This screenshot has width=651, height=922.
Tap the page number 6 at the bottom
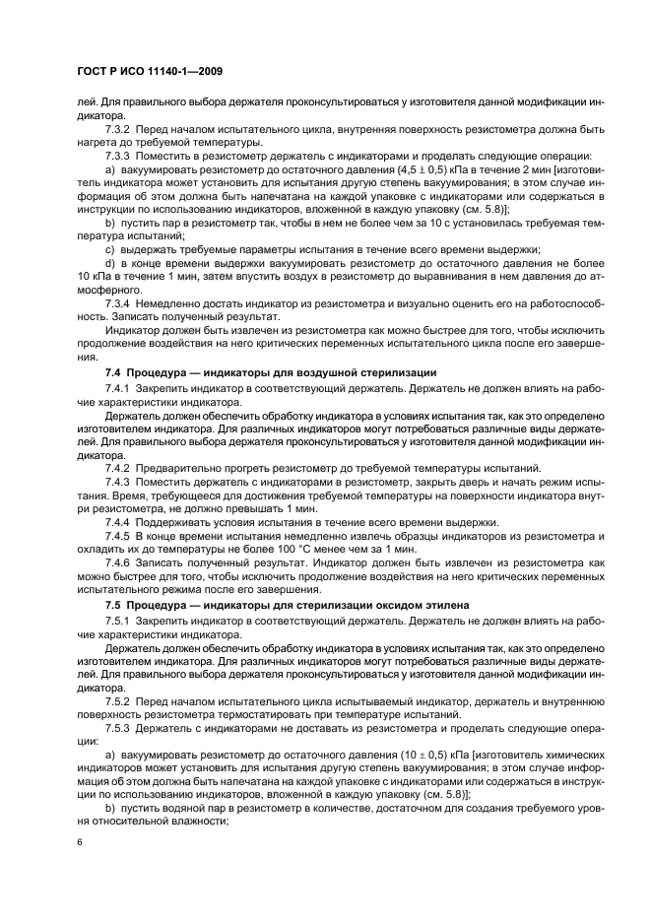[78, 844]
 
